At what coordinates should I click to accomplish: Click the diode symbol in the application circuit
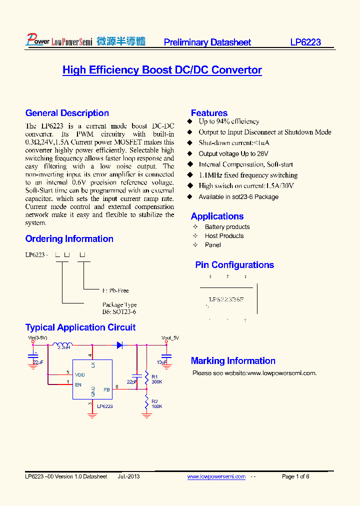[120, 344]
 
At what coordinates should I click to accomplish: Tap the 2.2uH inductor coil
[63, 344]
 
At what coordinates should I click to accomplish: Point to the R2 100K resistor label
[156, 404]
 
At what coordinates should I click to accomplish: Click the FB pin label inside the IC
[106, 389]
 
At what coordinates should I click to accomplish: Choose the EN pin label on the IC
[78, 384]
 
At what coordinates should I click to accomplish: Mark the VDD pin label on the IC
[79, 374]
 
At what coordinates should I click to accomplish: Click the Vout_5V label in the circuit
[170, 338]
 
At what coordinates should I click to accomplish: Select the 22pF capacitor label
[131, 381]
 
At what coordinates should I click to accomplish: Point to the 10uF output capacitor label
[161, 361]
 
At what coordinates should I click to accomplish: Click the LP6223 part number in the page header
[305, 42]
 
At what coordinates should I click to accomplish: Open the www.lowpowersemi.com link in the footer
[216, 476]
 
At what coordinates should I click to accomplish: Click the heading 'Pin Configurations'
[234, 265]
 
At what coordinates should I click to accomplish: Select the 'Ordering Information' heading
[69, 239]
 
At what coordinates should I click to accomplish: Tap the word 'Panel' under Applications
[213, 245]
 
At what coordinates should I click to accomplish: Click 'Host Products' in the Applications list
[224, 236]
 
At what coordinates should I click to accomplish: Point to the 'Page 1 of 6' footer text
[295, 476]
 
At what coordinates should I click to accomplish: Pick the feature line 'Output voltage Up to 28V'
[233, 154]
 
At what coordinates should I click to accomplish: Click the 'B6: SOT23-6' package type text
[119, 312]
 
